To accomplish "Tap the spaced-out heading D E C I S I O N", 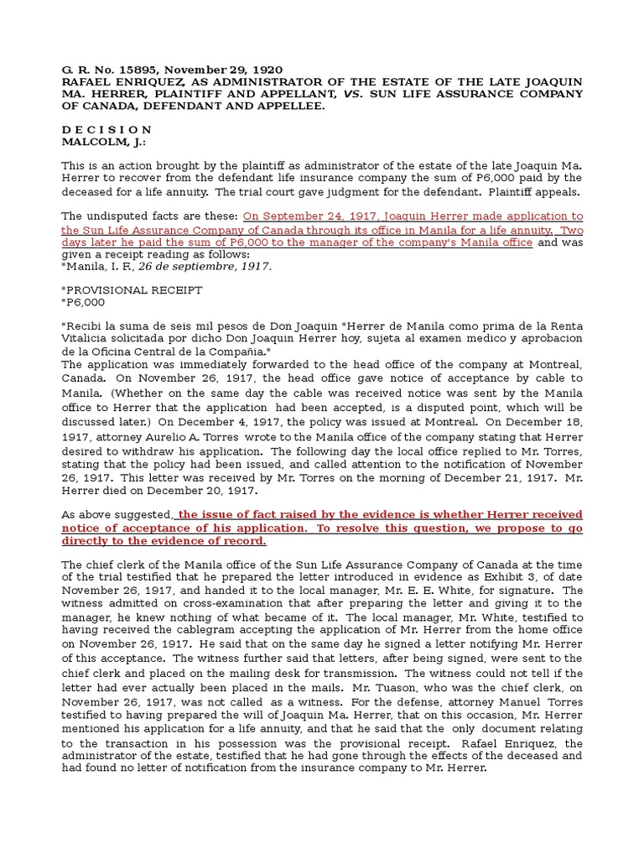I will pyautogui.click(x=107, y=130).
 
